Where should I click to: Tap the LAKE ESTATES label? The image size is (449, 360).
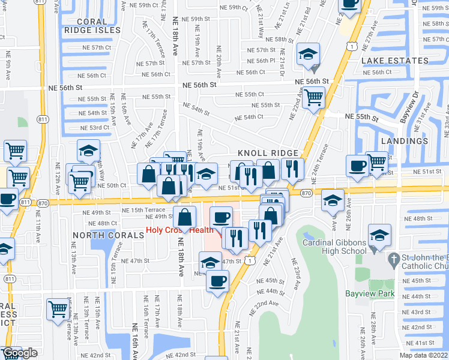(395, 61)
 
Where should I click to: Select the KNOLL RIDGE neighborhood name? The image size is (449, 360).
(268, 153)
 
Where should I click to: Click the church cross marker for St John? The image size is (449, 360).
(394, 260)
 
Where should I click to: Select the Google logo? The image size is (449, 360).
(20, 353)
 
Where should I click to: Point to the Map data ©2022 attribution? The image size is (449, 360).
(423, 355)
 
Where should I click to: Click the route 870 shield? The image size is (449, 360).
(306, 193)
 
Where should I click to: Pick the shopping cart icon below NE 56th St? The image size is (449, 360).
(314, 97)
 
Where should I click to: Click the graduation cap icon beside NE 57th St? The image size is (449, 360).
(308, 55)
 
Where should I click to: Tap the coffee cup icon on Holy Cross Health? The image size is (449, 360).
(221, 216)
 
